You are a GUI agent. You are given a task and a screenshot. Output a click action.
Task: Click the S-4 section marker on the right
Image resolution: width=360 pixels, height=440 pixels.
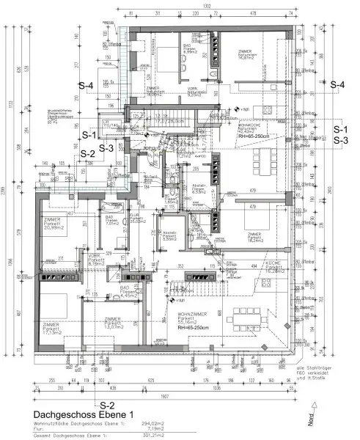click(x=338, y=85)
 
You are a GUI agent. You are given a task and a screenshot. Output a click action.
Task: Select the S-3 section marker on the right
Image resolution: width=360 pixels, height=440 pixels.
click(x=340, y=139)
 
